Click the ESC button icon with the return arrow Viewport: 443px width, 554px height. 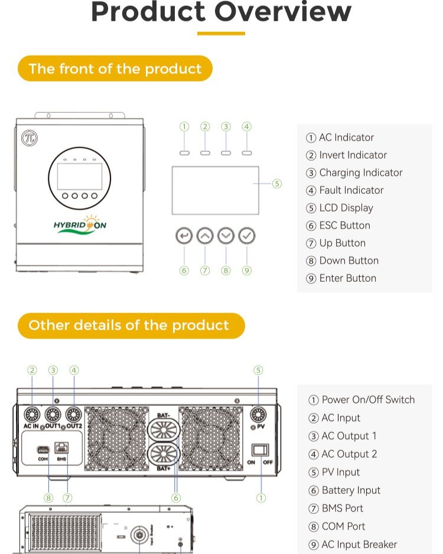point(184,236)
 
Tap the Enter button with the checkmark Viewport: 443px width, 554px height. point(246,236)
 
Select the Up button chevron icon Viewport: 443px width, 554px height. point(205,236)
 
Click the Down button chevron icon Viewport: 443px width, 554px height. point(226,236)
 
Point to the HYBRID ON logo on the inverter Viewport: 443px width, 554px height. point(80,224)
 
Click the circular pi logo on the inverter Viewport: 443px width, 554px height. point(30,138)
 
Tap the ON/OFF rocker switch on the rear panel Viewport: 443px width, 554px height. point(260,450)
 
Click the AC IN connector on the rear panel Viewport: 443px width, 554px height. point(32,415)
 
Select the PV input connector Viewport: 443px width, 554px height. point(258,415)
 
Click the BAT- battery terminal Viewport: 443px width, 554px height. point(164,429)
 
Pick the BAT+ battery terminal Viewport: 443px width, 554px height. point(164,454)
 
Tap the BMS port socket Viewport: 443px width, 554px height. point(61,448)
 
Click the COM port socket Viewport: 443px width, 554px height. point(43,450)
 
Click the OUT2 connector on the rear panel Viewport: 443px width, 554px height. point(73,415)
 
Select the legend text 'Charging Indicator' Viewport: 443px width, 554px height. point(361,173)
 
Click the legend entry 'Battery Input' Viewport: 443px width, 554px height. point(351,490)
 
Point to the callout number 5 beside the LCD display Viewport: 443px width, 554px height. point(277,184)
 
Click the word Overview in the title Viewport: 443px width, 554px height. point(283,12)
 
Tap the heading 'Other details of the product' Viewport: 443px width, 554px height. point(129,325)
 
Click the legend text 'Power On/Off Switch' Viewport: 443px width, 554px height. point(368,400)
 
